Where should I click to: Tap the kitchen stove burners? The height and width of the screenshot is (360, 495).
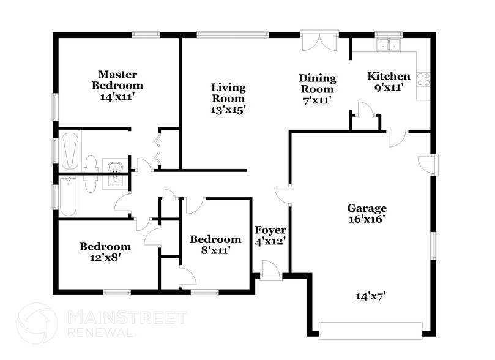[423, 78]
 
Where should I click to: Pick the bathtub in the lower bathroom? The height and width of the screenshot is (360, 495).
[69, 196]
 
